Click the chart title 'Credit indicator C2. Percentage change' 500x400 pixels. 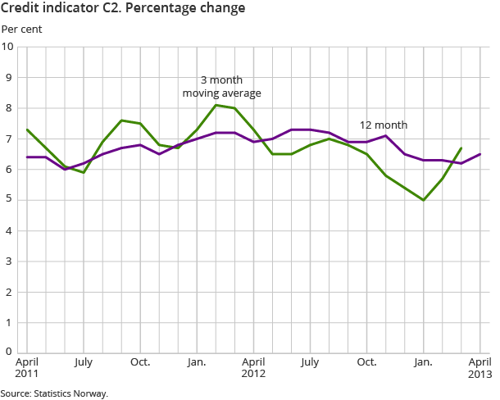pos(123,10)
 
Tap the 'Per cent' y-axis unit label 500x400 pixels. pos(21,30)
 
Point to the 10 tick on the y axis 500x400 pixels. pos(8,47)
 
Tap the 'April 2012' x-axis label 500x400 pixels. pos(253,368)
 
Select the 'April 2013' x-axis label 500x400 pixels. pos(480,368)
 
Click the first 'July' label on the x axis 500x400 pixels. pos(83,361)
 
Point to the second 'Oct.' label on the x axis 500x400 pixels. pos(366,361)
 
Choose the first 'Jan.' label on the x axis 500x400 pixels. pos(197,361)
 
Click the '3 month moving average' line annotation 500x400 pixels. pos(221,87)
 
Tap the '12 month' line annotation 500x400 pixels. pos(384,125)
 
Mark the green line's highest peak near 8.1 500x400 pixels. pos(216,105)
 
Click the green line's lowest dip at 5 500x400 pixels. pos(424,200)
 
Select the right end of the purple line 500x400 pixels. pos(480,154)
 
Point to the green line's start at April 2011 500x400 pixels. pos(27,130)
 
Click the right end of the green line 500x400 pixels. pos(461,148)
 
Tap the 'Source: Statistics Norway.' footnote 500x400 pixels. pos(54,393)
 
